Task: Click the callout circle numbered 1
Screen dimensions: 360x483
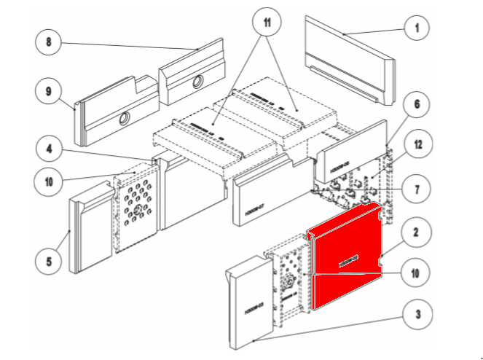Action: pos(417,28)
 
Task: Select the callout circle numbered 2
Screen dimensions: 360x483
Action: pos(416,233)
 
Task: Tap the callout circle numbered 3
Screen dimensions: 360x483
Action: pos(417,316)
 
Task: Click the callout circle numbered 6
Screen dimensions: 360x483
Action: pos(417,104)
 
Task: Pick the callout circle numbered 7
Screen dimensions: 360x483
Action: pos(417,189)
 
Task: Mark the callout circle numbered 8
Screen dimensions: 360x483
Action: pos(49,42)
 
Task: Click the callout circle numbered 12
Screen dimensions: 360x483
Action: pos(417,145)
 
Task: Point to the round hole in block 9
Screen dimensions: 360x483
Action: pos(125,118)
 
